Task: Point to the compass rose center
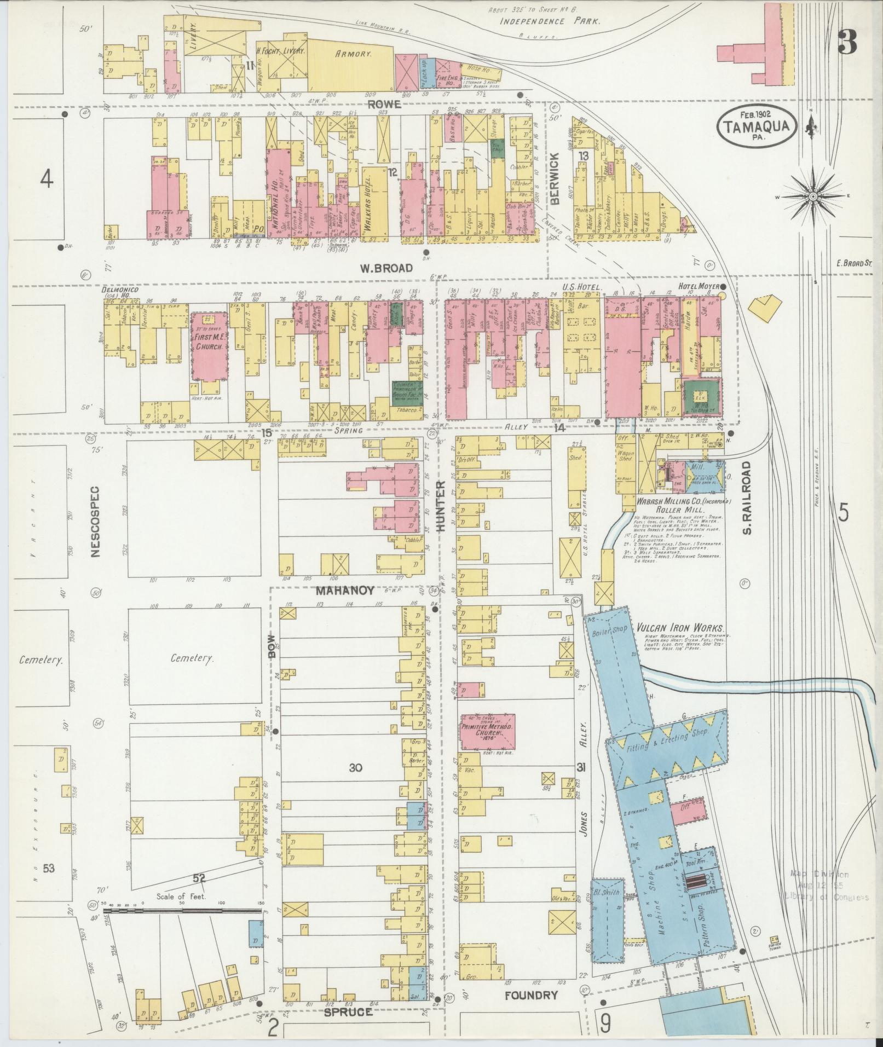pyautogui.click(x=813, y=196)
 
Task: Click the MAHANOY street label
pyautogui.click(x=344, y=591)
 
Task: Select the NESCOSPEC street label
pyautogui.click(x=96, y=522)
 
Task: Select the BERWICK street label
pyautogui.click(x=556, y=186)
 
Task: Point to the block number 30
pyautogui.click(x=355, y=767)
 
